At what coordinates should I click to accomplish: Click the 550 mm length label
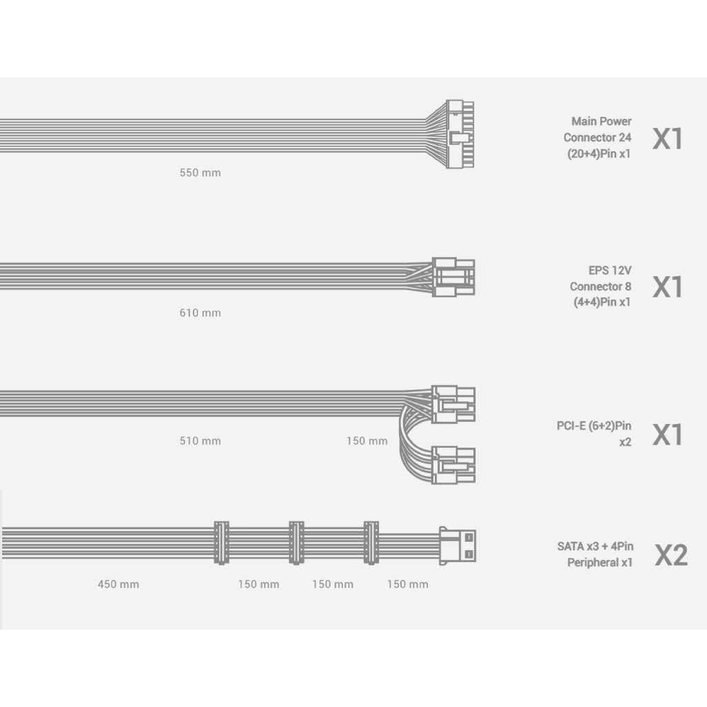point(200,173)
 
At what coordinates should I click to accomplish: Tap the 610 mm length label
point(200,313)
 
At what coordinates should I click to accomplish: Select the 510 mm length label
point(200,440)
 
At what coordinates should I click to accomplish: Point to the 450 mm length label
point(118,584)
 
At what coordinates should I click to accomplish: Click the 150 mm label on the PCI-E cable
point(367,440)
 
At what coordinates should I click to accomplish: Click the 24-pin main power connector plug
point(459,135)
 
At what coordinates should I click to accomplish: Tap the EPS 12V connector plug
point(454,277)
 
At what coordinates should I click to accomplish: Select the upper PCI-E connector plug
point(454,404)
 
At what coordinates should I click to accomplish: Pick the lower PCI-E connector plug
point(454,465)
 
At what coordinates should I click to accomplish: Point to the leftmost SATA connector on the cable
point(221,543)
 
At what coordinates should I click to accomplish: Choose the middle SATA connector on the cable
point(296,543)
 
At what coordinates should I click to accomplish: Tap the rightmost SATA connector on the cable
point(371,543)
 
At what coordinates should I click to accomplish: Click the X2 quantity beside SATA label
point(670,555)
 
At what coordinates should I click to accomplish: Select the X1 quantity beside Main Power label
point(668,138)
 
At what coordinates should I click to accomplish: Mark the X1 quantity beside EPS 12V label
point(668,287)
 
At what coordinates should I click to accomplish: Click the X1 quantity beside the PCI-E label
point(668,435)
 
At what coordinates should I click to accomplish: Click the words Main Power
point(601,122)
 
